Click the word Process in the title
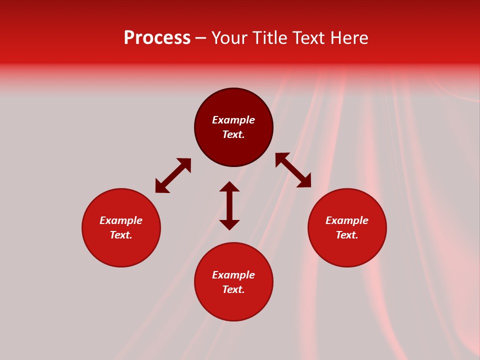click(157, 38)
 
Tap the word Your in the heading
click(230, 38)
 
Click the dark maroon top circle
click(233, 105)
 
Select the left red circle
click(121, 250)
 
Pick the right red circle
click(347, 250)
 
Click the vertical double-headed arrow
click(229, 205)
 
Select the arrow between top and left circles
click(173, 175)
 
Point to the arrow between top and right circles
click(293, 170)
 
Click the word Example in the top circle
click(233, 120)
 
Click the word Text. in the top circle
click(233, 134)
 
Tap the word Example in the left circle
click(121, 220)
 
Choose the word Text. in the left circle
click(121, 235)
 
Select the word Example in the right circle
click(347, 220)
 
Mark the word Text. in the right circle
click(347, 235)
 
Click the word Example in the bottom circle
click(233, 275)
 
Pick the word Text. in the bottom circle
click(233, 289)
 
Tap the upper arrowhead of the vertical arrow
click(229, 187)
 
